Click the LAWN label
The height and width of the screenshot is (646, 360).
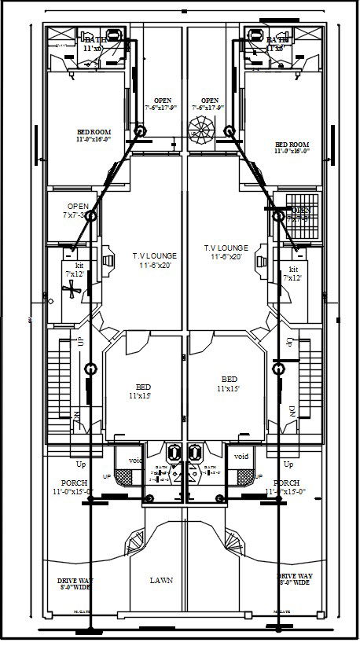[162, 580]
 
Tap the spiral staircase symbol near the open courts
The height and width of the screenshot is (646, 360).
[200, 128]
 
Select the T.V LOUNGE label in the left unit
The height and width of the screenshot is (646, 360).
[155, 261]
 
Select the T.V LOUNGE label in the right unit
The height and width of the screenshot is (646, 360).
[226, 251]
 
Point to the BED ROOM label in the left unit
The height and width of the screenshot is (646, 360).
[94, 135]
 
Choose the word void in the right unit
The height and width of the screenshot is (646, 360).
[241, 456]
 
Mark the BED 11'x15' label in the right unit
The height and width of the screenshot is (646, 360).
[229, 383]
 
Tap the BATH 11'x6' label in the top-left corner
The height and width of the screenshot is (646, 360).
[95, 43]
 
